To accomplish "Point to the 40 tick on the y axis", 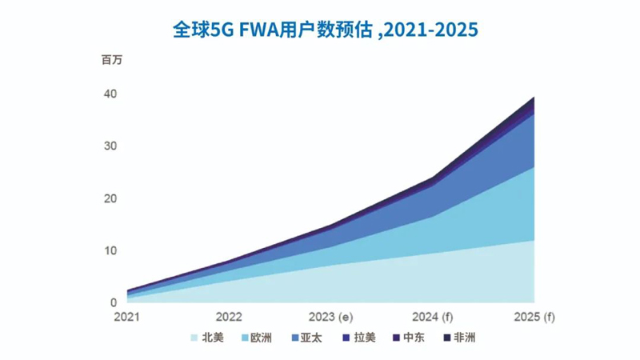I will pyautogui.click(x=110, y=94).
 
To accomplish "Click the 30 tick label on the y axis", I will pyautogui.click(x=110, y=146).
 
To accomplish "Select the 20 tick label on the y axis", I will pyautogui.click(x=110, y=198).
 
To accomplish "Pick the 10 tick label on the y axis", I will pyautogui.click(x=110, y=250).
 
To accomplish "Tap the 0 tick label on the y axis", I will pyautogui.click(x=114, y=302).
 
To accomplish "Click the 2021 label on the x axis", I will pyautogui.click(x=128, y=317).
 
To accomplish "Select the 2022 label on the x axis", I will pyautogui.click(x=229, y=317).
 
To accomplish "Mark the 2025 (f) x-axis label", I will pyautogui.click(x=533, y=317).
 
